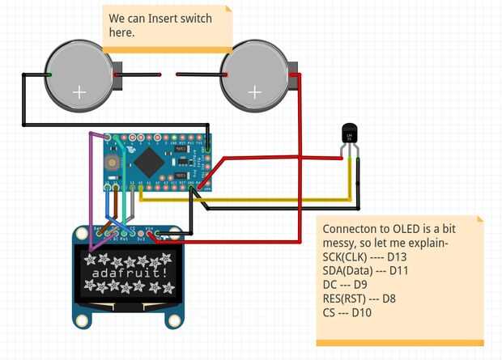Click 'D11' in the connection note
coord(406,271)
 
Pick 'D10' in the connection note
coord(357,312)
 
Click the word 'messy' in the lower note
coord(342,244)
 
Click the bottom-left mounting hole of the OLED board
coord(82,321)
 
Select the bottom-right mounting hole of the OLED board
coord(173,321)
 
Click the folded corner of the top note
coord(228,11)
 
